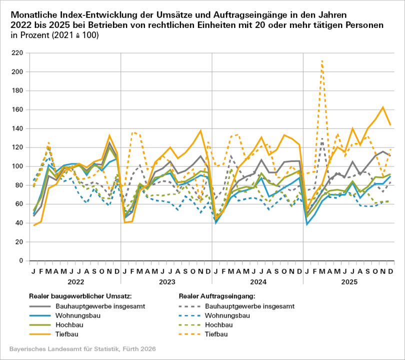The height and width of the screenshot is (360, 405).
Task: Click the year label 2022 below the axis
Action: [x=75, y=281]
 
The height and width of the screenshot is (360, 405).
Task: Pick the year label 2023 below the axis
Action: [x=166, y=281]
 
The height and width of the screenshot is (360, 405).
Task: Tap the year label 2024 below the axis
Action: [x=257, y=281]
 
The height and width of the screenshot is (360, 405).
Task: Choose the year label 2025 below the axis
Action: [x=348, y=281]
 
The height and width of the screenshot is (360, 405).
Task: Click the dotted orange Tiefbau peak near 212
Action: [x=322, y=60]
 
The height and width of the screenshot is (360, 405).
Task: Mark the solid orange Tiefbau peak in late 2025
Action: [x=382, y=107]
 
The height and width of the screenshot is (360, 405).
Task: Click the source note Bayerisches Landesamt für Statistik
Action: [x=83, y=348]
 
